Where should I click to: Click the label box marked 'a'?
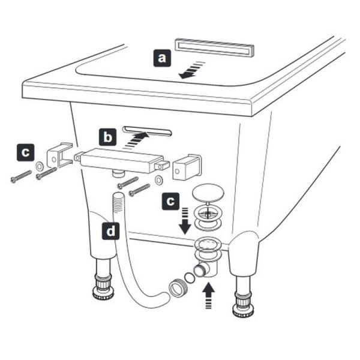162,58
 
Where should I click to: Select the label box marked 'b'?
107,137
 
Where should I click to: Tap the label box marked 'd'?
110,231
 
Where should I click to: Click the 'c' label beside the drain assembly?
170,202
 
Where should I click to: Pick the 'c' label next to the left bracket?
25,152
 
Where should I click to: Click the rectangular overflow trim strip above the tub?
214,47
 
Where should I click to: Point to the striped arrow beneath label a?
191,70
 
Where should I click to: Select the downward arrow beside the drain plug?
185,221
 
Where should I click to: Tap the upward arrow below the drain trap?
208,295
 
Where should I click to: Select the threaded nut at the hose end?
178,289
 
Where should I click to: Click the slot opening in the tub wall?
148,131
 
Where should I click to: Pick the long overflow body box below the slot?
122,161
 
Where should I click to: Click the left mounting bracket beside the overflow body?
60,155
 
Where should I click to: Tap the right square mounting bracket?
187,166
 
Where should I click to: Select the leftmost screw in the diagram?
21,176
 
